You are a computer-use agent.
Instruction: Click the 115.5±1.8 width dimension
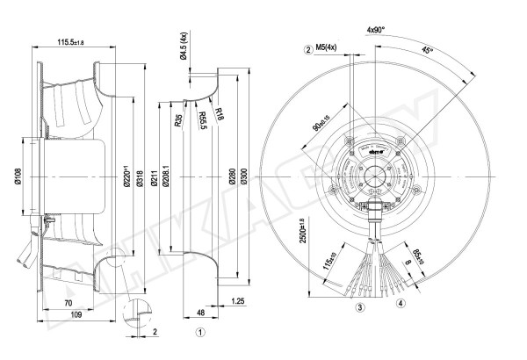77,40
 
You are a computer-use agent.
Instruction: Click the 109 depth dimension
76,314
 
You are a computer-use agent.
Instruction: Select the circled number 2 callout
309,50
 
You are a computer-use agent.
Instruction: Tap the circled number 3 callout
359,308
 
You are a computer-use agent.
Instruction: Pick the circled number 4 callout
400,304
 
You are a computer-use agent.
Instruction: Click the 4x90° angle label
378,30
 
